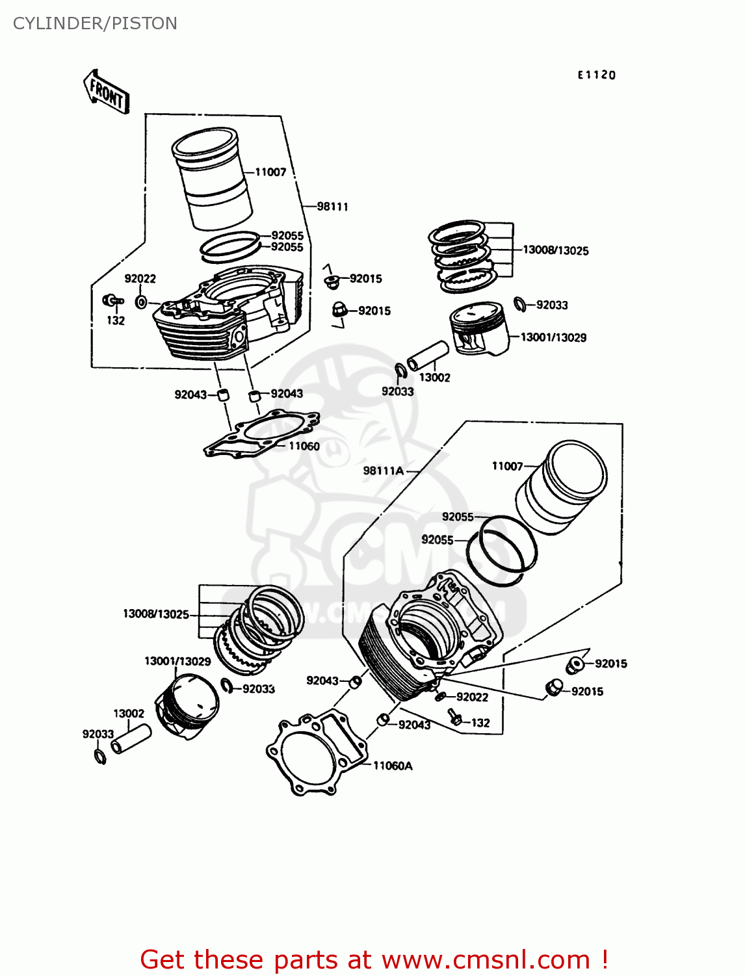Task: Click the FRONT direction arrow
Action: (106, 92)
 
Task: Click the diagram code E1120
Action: (596, 75)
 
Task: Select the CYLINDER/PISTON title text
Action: (95, 23)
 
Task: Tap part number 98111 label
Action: (332, 207)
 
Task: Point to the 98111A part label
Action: (383, 471)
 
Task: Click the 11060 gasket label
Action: (304, 446)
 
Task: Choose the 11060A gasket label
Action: (392, 766)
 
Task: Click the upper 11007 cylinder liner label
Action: (270, 172)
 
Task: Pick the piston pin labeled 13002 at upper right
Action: (427, 356)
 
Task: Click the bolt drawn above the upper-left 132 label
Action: (112, 300)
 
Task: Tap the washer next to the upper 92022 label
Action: (140, 302)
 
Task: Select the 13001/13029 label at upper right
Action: (553, 337)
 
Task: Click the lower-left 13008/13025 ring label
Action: (155, 614)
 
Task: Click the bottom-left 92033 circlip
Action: (99, 755)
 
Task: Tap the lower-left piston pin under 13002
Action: (131, 740)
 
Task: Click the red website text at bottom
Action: (374, 959)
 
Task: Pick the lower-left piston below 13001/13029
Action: (187, 705)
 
